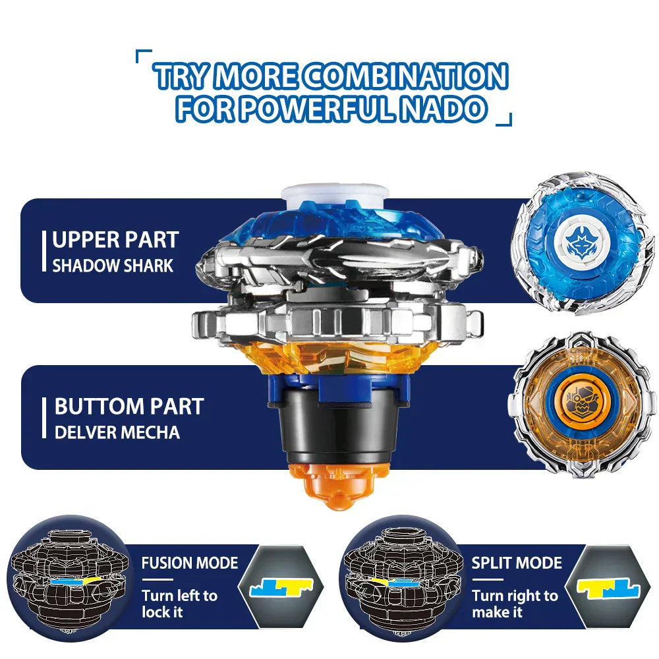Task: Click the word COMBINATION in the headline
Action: tap(405, 77)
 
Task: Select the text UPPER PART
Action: tap(116, 239)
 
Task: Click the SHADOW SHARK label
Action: tap(113, 266)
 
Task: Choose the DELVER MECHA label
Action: tap(117, 432)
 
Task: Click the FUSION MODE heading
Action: tap(190, 563)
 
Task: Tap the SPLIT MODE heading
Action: tap(517, 563)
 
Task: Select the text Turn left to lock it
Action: tap(179, 604)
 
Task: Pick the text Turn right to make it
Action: tap(515, 604)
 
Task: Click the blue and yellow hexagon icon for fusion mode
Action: tap(279, 587)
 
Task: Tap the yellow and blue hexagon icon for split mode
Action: tap(608, 587)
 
